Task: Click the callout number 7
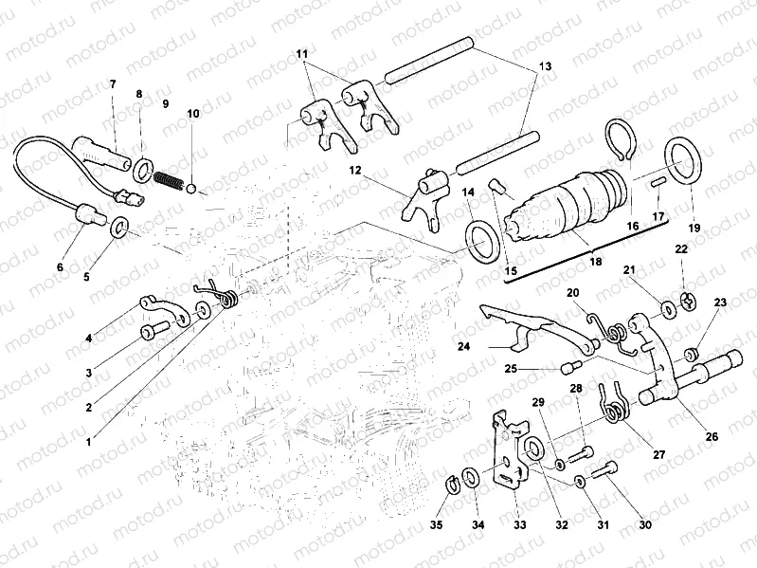(x=112, y=84)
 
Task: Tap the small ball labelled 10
(x=192, y=189)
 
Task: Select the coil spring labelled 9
(x=167, y=176)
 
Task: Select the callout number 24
(x=463, y=346)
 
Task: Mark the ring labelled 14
(x=481, y=241)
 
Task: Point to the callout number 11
(x=301, y=54)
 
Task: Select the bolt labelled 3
(x=154, y=331)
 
